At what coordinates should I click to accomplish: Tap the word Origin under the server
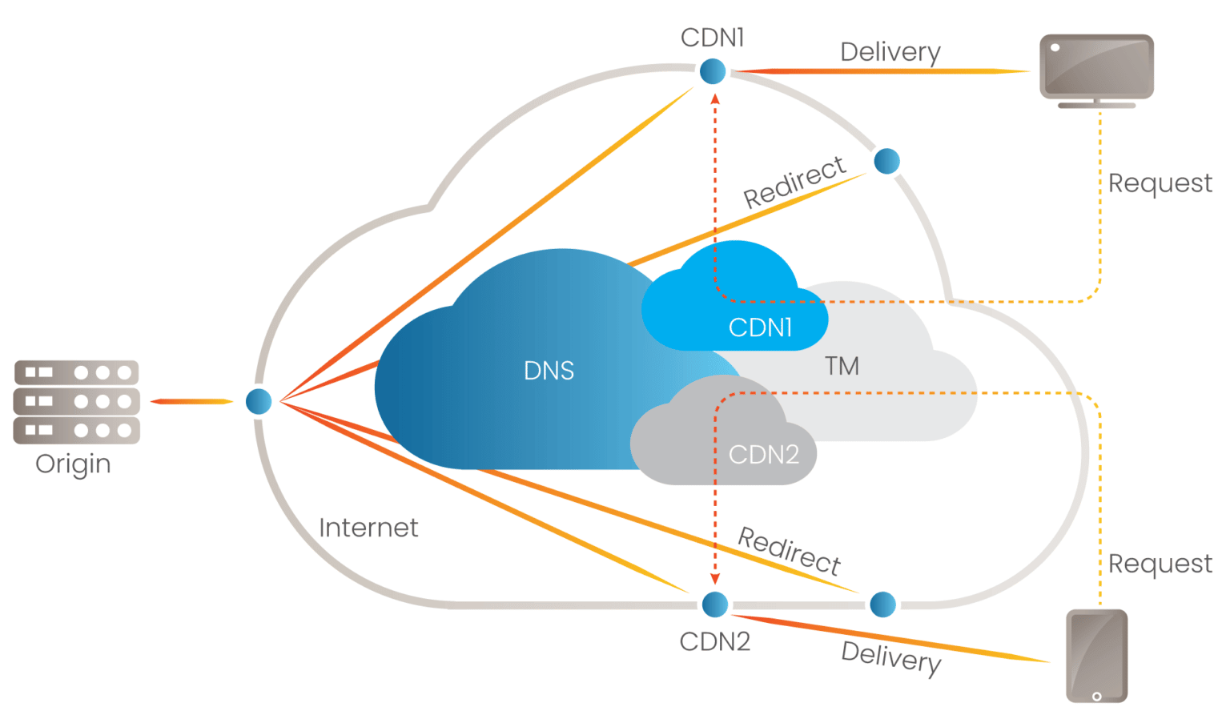click(73, 464)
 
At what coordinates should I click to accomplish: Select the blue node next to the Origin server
click(259, 401)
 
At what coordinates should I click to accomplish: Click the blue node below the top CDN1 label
click(713, 71)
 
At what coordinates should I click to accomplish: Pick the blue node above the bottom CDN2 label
click(715, 604)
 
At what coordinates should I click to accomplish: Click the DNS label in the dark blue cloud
click(549, 371)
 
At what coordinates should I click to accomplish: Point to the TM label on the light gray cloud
click(842, 367)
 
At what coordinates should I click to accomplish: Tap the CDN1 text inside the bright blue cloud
click(760, 327)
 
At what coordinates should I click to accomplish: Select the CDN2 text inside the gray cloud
click(763, 455)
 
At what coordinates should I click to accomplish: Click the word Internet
click(368, 528)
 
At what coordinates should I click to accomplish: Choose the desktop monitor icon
click(1096, 69)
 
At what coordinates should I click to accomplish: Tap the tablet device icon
click(1096, 656)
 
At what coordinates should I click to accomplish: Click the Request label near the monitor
click(1160, 183)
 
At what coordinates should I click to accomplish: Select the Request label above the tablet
click(1160, 564)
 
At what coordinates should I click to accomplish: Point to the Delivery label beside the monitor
click(890, 52)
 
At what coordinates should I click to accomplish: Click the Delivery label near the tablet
click(890, 657)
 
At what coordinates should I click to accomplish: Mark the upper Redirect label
click(794, 182)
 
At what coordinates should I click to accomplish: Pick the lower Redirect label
click(789, 551)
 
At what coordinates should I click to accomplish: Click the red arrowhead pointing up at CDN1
click(715, 99)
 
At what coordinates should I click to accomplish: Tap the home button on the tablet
click(1096, 697)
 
